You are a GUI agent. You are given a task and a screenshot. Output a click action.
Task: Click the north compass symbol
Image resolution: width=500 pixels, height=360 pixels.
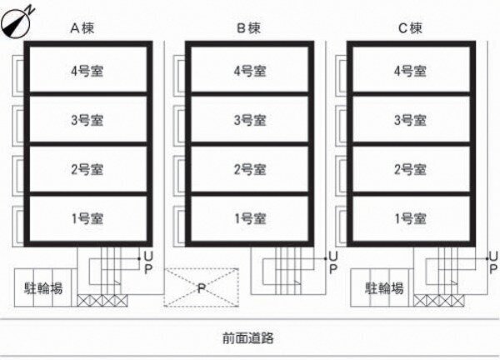click(x=16, y=22)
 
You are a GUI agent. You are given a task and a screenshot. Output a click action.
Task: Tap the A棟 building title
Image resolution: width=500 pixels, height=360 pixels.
click(x=82, y=28)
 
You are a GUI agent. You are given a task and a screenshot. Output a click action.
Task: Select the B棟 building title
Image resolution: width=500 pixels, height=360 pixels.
click(x=248, y=28)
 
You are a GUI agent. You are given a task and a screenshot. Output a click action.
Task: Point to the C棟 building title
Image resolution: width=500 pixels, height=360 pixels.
click(x=410, y=28)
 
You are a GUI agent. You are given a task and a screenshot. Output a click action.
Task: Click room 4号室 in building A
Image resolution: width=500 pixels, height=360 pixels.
click(x=87, y=71)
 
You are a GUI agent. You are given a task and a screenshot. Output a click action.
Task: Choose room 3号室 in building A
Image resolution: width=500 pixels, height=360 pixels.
click(x=87, y=120)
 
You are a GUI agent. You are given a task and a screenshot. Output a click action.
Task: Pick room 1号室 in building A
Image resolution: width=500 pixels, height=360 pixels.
click(x=87, y=218)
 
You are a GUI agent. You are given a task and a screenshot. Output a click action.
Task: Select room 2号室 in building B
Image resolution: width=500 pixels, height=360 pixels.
click(x=250, y=169)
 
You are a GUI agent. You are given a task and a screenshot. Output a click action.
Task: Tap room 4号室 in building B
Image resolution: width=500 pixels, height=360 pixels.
click(x=250, y=71)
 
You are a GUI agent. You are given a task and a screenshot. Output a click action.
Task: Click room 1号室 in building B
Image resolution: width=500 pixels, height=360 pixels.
click(x=250, y=218)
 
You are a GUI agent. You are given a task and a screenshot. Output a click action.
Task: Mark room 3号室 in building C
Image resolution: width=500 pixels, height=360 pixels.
click(x=410, y=120)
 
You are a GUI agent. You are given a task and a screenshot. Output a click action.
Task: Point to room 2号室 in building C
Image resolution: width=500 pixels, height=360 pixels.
click(x=410, y=169)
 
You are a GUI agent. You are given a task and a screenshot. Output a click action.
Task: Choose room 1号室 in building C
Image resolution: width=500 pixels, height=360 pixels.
click(x=410, y=218)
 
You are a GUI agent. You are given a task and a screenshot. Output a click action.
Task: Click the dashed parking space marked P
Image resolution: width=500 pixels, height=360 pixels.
click(x=201, y=287)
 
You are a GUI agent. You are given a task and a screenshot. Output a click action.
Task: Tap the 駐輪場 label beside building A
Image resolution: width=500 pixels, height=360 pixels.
click(x=43, y=288)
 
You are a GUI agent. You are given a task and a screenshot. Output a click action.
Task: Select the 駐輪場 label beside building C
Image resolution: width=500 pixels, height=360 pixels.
click(x=384, y=288)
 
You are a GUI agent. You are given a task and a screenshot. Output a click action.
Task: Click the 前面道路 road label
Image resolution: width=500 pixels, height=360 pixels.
click(x=248, y=337)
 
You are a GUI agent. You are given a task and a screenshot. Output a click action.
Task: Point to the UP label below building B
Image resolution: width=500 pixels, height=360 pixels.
click(x=332, y=262)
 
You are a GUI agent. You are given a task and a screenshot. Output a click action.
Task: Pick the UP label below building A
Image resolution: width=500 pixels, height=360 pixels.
click(x=148, y=262)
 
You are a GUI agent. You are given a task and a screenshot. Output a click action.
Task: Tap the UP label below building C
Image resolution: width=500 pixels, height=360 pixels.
click(x=493, y=262)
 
